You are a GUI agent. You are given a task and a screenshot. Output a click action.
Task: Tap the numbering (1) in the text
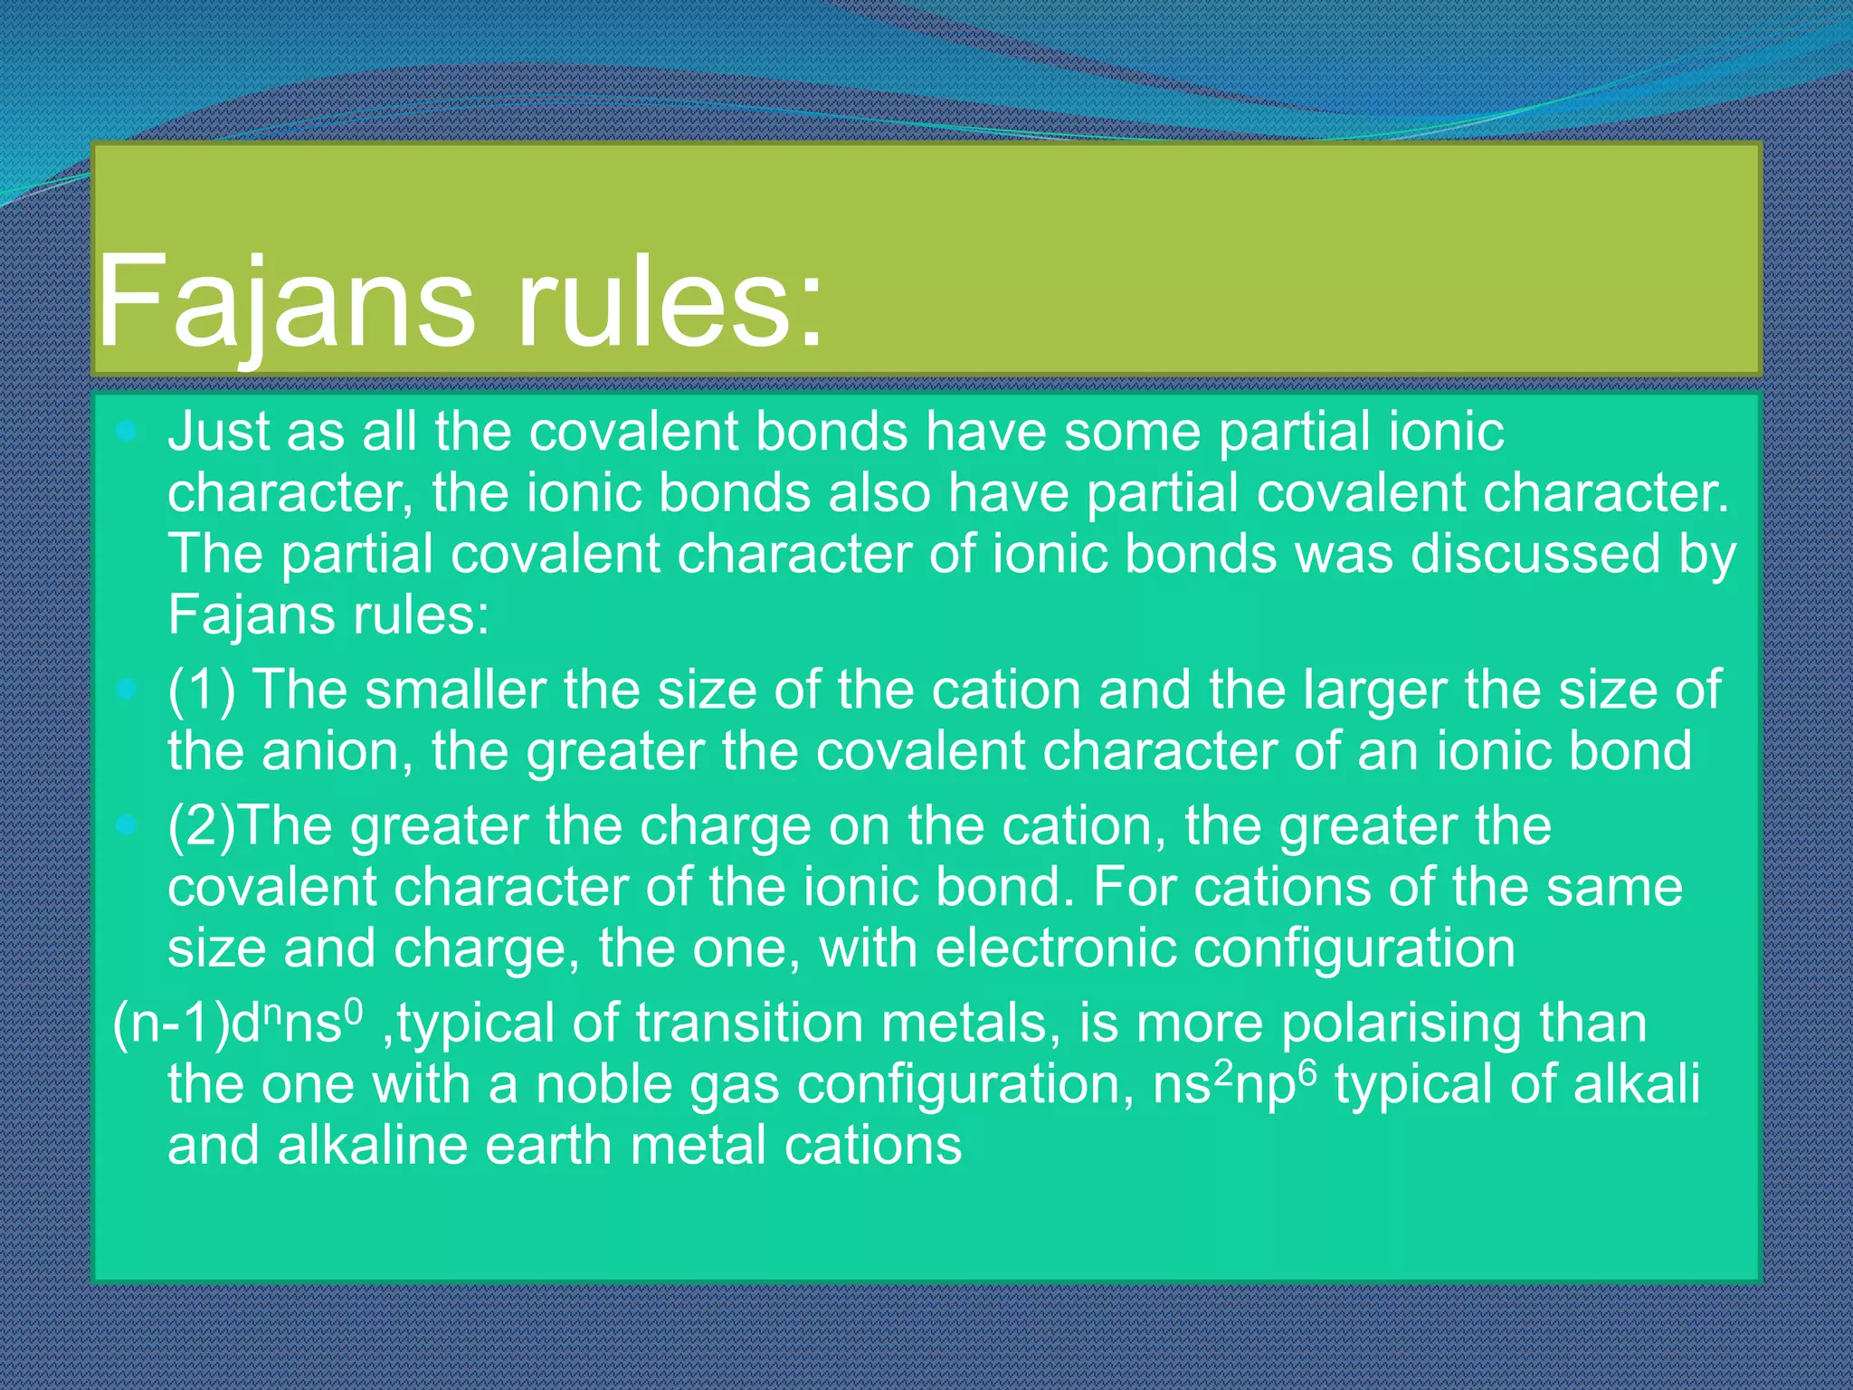(201, 690)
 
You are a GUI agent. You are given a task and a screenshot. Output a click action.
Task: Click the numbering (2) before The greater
(201, 826)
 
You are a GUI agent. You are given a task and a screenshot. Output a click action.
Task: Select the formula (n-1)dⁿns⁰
(237, 1023)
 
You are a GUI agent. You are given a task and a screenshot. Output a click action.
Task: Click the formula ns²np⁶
(1235, 1083)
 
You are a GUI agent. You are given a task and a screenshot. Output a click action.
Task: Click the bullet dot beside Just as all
(127, 431)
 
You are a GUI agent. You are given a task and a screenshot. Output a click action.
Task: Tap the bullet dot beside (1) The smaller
(127, 690)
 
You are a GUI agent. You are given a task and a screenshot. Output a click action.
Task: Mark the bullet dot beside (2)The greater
(127, 825)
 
